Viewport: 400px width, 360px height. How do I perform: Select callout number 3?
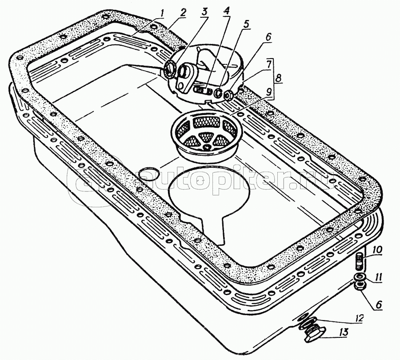pos(204,13)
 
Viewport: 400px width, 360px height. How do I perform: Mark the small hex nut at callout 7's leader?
pos(228,95)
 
